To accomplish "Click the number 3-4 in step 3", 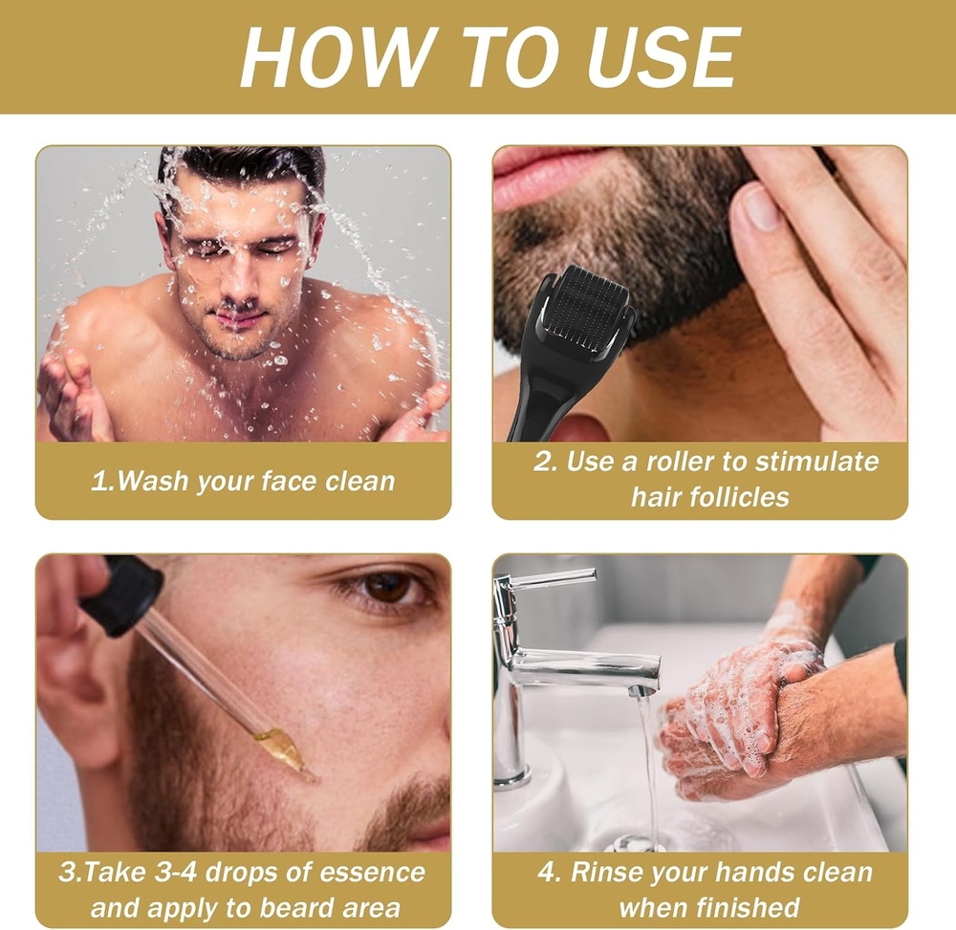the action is tap(176, 872).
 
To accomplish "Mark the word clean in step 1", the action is tap(360, 481).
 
